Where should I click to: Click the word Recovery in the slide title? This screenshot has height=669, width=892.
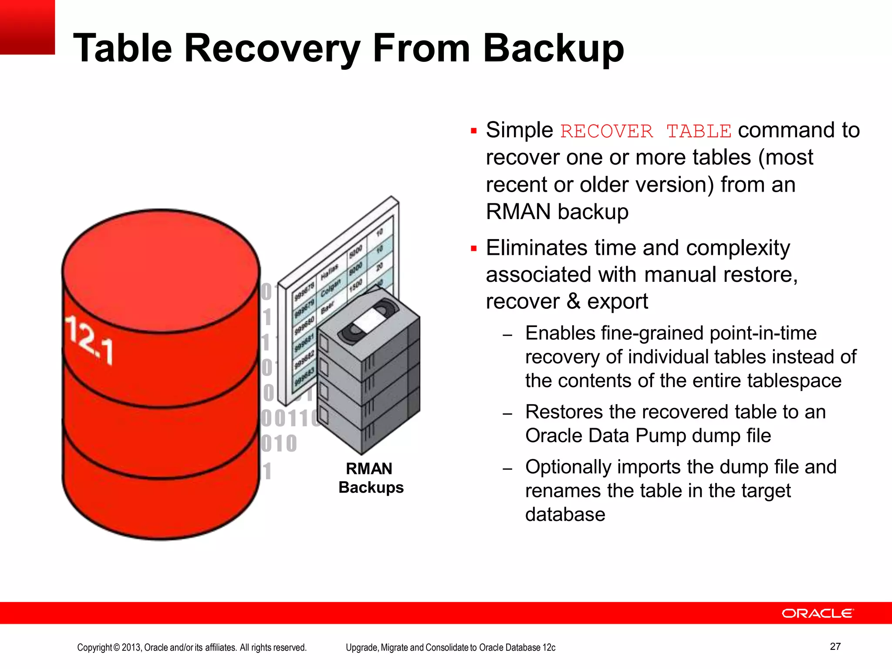pos(272,49)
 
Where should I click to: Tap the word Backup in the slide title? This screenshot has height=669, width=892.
pos(553,49)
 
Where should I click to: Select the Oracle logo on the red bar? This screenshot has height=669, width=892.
pos(818,613)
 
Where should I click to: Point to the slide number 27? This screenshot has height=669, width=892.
pos(835,646)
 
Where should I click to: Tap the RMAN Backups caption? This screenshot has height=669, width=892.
pos(371,478)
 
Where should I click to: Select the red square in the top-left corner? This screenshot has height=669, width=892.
pos(27,27)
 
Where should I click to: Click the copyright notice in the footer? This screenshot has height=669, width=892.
pos(192,648)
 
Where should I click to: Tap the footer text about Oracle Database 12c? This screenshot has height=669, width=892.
pos(450,648)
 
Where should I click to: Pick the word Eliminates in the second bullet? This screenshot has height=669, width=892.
pos(536,248)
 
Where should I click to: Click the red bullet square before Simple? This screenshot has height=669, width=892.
pos(474,131)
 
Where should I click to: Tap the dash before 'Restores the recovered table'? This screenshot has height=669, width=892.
pos(507,413)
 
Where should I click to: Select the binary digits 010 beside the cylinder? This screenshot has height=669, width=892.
pos(279,444)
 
